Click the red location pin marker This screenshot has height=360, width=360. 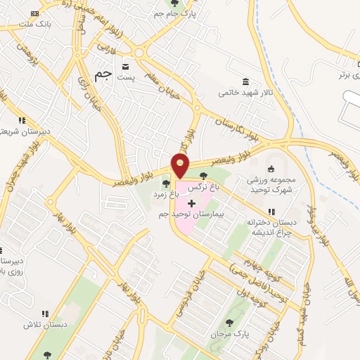(x=181, y=166)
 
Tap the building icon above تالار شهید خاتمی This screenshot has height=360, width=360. (x=245, y=81)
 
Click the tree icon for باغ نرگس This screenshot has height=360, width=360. (x=203, y=176)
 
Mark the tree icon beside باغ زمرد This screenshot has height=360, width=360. (x=166, y=184)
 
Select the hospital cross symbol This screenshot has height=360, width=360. (x=191, y=203)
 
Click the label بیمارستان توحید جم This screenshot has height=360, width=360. (x=193, y=213)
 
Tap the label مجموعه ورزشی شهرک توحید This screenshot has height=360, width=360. (x=265, y=185)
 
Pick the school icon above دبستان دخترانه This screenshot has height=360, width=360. (x=271, y=212)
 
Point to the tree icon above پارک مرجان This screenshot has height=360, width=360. (x=229, y=323)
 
